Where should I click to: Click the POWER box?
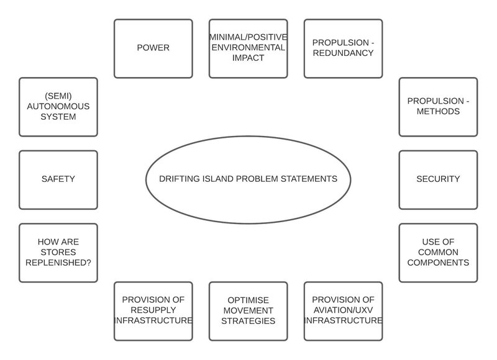click(153, 48)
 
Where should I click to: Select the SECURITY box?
click(438, 179)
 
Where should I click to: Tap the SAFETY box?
click(58, 179)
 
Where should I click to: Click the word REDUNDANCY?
click(343, 53)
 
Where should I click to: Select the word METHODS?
click(438, 112)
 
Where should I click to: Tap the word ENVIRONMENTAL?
click(248, 47)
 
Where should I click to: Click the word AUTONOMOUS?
click(58, 106)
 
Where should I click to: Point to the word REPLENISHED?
click(58, 263)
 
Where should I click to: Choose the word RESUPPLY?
click(153, 310)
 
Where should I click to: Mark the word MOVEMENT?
click(248, 310)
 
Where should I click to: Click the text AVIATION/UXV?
click(343, 310)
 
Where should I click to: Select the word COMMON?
click(438, 252)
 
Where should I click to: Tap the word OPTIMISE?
click(248, 299)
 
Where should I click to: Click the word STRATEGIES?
click(248, 322)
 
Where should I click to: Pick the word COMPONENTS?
click(438, 263)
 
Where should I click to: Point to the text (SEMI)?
click(58, 95)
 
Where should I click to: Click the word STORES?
click(58, 252)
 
